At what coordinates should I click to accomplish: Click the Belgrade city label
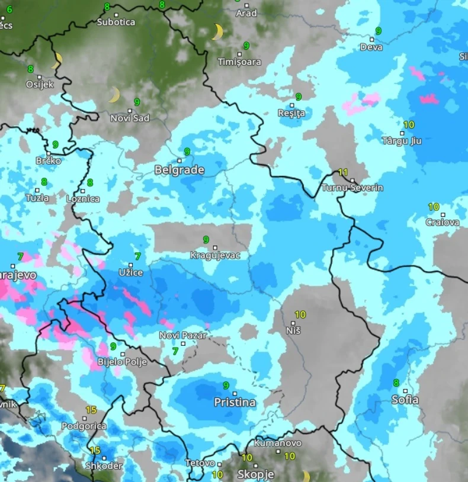[x=179, y=170]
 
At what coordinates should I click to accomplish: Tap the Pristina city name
[x=235, y=403]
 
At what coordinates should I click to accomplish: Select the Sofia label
[x=405, y=400]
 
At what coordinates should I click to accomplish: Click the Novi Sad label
[x=130, y=118]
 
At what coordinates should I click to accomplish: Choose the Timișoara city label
[x=239, y=62]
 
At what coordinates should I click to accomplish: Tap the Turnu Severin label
[x=352, y=188]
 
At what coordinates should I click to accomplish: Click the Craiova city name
[x=442, y=223]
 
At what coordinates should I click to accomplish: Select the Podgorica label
[x=84, y=426]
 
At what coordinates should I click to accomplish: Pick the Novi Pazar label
[x=183, y=335]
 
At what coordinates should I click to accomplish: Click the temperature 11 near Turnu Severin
[x=342, y=172]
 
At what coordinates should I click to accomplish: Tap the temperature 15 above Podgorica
[x=91, y=410]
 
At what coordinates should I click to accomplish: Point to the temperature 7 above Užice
[x=137, y=256]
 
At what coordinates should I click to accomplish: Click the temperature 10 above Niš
[x=300, y=314]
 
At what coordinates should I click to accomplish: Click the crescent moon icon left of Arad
[x=217, y=31]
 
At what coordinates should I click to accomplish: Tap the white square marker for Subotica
[x=116, y=14]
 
